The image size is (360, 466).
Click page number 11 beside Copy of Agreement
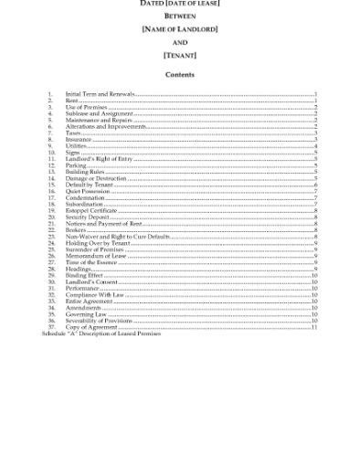click(x=313, y=326)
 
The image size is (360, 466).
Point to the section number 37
click(x=51, y=326)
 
